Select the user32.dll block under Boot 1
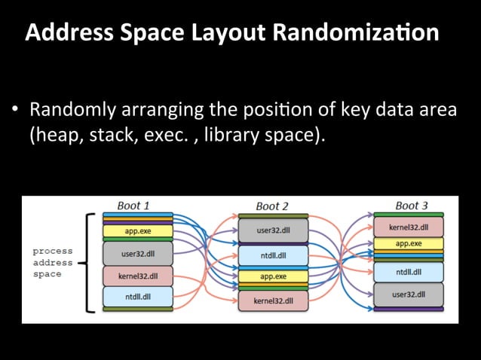point(138,253)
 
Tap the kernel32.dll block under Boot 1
point(138,276)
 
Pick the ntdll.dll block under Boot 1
point(138,296)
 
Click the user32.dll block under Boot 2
point(273,231)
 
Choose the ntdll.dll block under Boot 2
point(273,255)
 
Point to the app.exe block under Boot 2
point(273,276)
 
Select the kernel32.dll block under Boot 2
point(273,301)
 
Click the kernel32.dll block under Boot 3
point(409,227)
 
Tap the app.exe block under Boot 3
point(409,244)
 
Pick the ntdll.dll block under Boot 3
point(409,272)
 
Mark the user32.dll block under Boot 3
point(409,294)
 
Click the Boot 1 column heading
point(133,205)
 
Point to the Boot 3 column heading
point(412,205)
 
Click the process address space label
point(53,262)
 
